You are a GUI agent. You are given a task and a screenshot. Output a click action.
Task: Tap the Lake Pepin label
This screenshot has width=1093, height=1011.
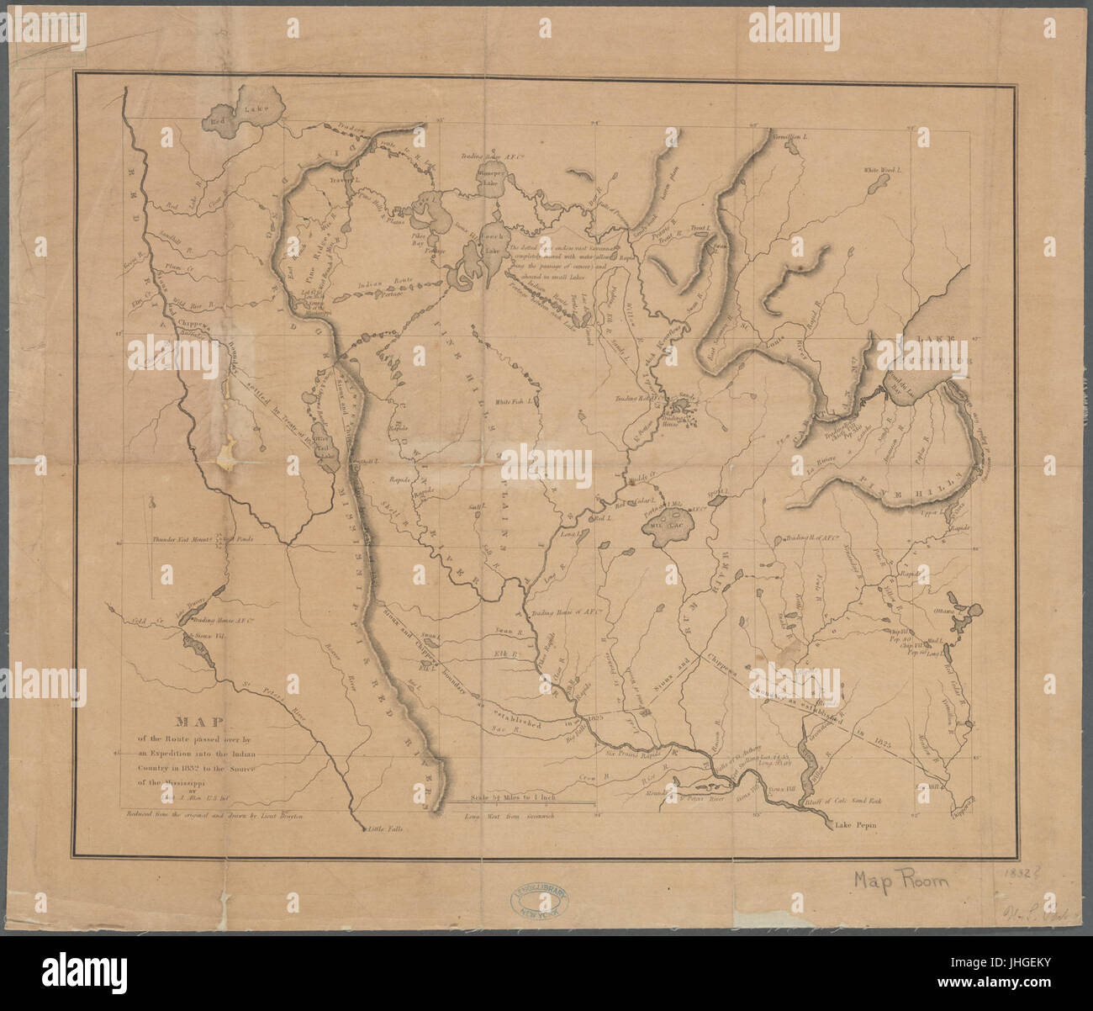(855, 827)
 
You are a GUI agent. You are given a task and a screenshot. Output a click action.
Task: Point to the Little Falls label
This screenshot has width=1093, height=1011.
(386, 829)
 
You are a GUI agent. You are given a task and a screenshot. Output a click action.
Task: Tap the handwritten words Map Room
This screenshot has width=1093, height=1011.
(900, 881)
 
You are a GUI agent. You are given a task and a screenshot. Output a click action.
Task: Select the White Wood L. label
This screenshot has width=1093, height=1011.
(880, 170)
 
